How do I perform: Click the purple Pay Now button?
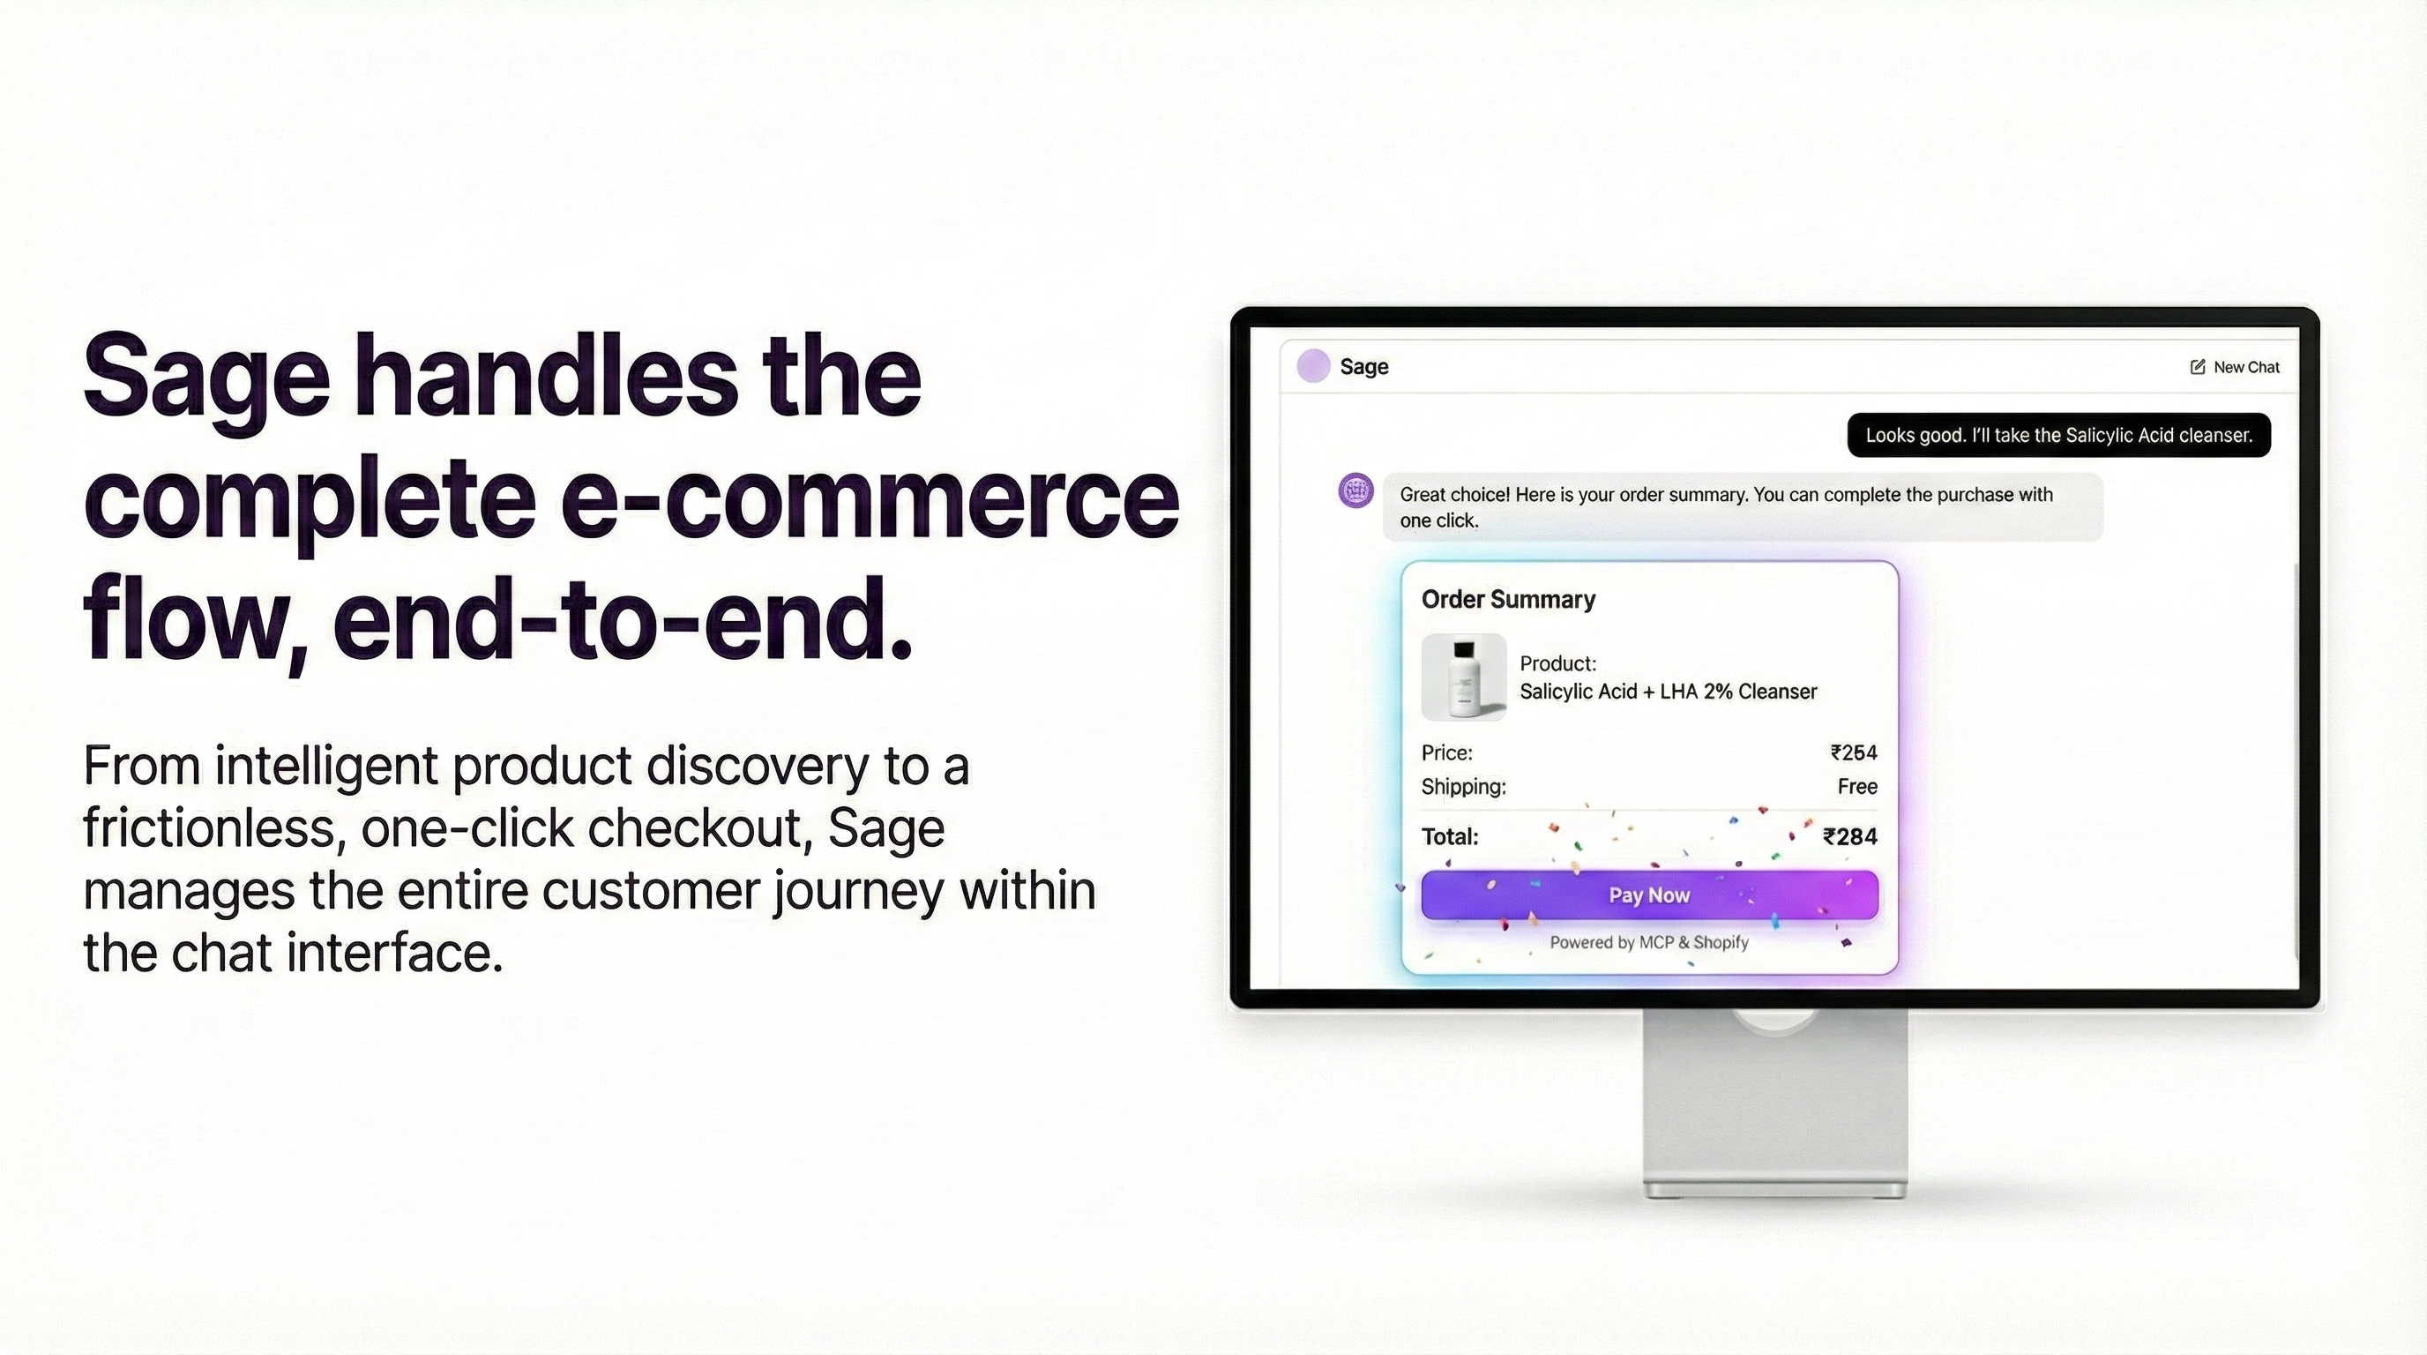tap(1649, 895)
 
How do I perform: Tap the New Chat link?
tap(2245, 368)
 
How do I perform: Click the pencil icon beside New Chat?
tap(2197, 368)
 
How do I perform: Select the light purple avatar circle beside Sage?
tap(1313, 365)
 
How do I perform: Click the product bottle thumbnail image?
tap(1463, 677)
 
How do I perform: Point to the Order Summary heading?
tap(1507, 599)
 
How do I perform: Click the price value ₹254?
tap(1853, 752)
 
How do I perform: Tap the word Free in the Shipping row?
tap(1857, 787)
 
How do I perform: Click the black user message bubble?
tap(2057, 435)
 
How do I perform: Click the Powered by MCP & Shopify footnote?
tap(1649, 942)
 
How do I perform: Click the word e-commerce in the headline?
tap(869, 498)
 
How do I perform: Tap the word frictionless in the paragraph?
tap(208, 828)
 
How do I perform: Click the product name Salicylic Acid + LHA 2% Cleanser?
tap(1668, 692)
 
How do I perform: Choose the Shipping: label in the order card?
tap(1463, 787)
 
